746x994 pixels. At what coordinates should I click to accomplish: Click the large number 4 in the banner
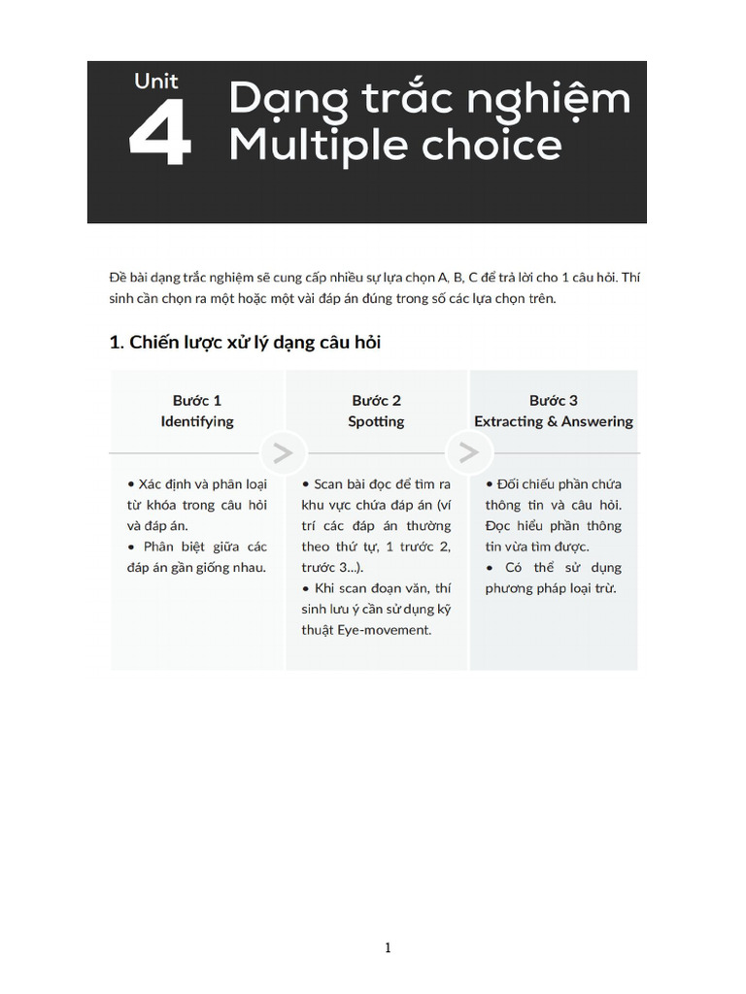[160, 135]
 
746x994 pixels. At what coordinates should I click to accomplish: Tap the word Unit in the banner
[156, 82]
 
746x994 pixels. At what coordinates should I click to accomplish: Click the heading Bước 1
[197, 400]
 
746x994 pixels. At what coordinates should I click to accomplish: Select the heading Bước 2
[377, 400]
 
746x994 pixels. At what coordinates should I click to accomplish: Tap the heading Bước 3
[554, 400]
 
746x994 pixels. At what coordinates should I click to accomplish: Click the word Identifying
[197, 421]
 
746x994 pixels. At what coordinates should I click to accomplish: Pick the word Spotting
[377, 421]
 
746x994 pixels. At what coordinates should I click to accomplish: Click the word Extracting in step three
[510, 421]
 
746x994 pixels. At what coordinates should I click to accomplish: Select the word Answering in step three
[595, 421]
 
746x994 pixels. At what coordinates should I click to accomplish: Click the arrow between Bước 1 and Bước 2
[283, 452]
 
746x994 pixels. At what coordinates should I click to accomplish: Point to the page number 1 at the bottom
[388, 948]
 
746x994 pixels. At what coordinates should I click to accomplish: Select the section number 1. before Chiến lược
[117, 343]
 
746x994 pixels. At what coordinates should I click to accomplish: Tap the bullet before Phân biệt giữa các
[131, 547]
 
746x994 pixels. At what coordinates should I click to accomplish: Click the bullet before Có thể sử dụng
[490, 567]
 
